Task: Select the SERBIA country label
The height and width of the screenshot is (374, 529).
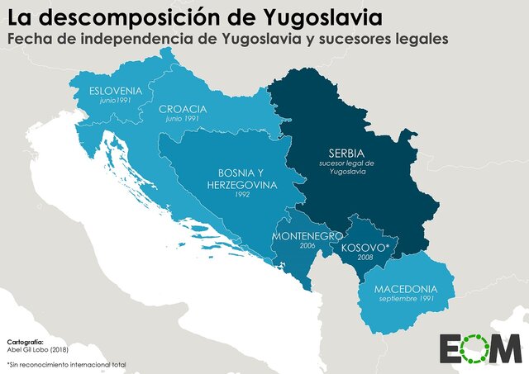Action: click(346, 154)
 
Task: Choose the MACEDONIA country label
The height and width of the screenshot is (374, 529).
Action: click(405, 290)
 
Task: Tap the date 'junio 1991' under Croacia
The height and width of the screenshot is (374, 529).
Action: click(181, 120)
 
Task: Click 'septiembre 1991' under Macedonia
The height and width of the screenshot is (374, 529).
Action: click(405, 301)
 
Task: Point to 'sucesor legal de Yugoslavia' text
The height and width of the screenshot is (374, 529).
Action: click(346, 168)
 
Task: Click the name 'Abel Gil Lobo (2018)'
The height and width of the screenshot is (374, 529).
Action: click(39, 349)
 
